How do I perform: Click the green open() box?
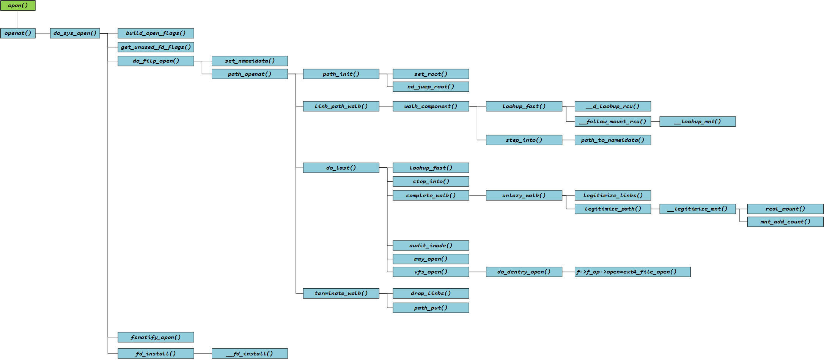click(18, 6)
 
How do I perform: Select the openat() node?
click(18, 33)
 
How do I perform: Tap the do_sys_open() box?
click(75, 33)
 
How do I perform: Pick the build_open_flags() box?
click(156, 33)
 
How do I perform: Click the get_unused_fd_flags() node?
click(156, 47)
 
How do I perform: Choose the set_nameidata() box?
click(250, 61)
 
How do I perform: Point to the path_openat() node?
click(250, 74)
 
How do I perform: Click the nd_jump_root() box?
click(431, 87)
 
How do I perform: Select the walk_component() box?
click(431, 106)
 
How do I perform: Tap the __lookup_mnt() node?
click(697, 122)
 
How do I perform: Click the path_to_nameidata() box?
click(613, 140)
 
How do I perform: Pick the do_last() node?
click(341, 168)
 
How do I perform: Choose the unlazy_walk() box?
click(524, 195)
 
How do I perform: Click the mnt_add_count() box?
click(785, 222)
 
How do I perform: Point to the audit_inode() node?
click(431, 245)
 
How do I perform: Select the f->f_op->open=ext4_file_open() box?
click(632, 272)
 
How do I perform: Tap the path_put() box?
click(431, 308)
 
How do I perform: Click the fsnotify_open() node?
click(156, 337)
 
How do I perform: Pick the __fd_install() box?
click(250, 354)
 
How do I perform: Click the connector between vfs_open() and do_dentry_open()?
click(477, 272)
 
